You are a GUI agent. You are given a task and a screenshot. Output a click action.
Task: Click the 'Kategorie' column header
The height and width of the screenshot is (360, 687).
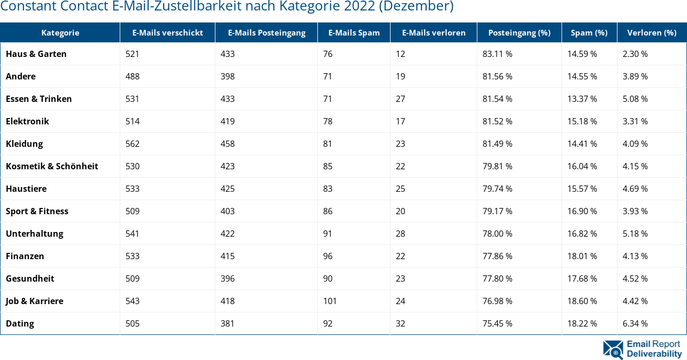60,32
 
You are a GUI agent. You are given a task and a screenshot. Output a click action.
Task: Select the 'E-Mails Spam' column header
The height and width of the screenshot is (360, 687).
354,32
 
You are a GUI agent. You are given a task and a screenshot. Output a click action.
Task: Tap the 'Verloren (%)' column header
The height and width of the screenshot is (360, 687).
651,32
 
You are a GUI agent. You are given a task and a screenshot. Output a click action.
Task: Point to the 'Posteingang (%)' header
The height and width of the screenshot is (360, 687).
519,32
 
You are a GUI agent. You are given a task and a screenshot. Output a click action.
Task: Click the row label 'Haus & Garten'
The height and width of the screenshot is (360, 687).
36,54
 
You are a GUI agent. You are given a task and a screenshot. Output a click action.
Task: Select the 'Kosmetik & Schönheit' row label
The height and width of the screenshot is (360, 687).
52,166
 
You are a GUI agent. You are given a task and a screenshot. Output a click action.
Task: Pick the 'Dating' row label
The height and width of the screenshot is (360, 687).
20,323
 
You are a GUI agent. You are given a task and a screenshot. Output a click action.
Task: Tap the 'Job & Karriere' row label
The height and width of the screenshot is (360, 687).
35,301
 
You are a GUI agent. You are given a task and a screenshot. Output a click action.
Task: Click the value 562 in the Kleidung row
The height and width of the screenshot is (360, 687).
132,144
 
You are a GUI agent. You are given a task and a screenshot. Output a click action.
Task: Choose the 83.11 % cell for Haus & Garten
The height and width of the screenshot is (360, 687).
497,54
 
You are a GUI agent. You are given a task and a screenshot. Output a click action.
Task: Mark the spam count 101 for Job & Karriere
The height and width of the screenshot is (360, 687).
330,301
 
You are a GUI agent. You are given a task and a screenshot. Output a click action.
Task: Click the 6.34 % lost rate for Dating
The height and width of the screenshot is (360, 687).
635,323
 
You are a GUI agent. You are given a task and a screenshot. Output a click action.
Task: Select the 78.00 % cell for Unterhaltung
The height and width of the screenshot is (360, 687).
497,234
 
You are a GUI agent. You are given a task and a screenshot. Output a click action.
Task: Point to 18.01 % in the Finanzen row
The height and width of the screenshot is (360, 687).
582,256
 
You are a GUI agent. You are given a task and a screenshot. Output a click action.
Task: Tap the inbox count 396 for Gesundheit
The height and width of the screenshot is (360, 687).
227,278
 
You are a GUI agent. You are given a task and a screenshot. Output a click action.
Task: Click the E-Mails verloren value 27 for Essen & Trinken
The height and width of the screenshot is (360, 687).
400,99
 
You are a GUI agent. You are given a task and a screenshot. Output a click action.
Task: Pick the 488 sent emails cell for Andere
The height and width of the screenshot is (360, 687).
132,76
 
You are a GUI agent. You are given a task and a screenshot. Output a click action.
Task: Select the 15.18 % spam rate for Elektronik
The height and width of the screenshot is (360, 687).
582,121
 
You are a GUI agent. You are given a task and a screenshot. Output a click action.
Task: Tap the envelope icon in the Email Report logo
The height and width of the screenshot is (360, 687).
613,350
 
